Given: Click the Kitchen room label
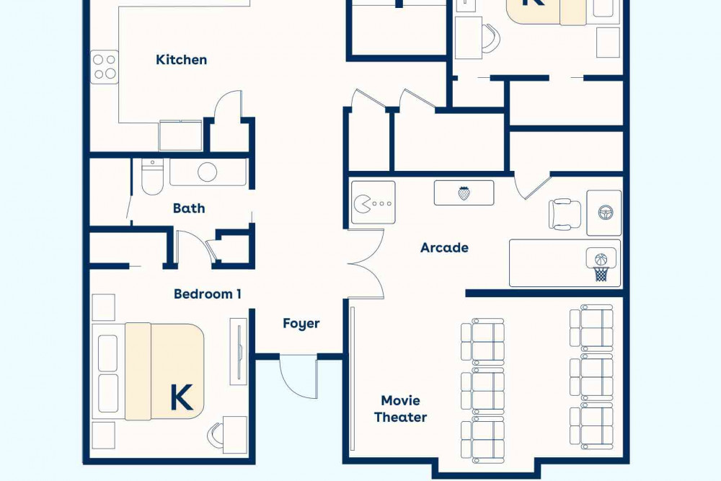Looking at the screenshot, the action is pos(181,60).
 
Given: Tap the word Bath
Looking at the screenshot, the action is pos(189,208).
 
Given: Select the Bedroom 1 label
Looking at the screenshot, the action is pos(208,294).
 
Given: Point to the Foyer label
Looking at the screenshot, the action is pos(301,324).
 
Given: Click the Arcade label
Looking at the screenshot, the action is pos(445,248).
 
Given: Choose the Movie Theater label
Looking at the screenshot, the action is pos(400,409).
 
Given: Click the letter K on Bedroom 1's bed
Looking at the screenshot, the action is pos(182,397).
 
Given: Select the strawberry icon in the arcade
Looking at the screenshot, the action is pos(464,193).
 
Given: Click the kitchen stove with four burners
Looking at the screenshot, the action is pos(105,67).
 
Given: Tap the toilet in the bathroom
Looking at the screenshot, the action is pos(151,177).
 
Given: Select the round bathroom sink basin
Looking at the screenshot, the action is pos(208,172).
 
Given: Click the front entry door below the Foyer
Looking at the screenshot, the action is pos(299,376).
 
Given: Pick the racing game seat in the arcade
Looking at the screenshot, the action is pos(565,214).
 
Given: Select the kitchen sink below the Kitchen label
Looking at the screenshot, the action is pos(180,135).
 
